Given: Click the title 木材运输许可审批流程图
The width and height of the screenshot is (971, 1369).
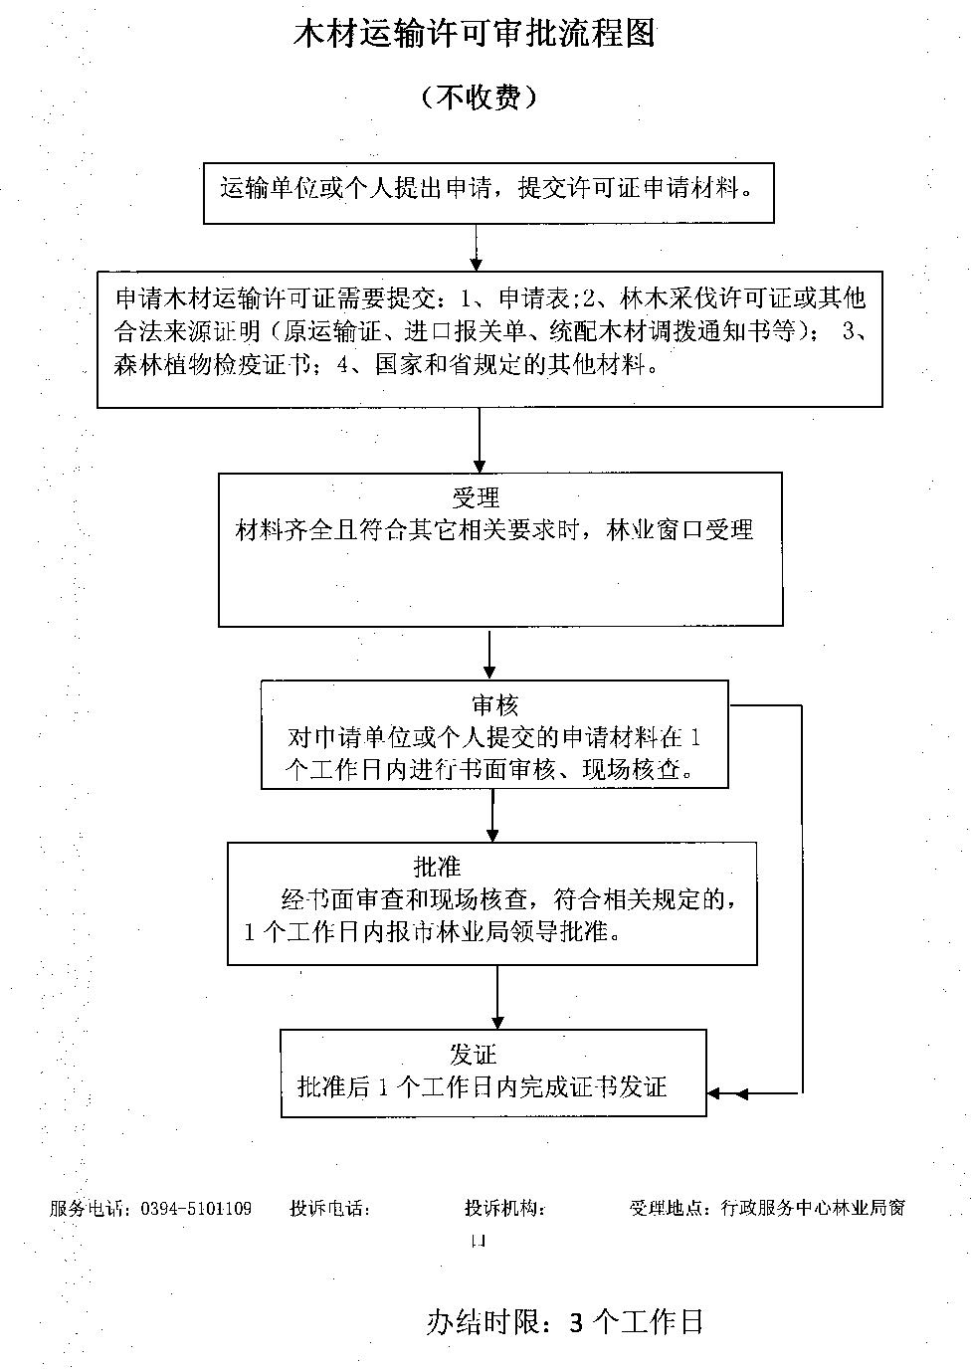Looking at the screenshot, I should pyautogui.click(x=475, y=35).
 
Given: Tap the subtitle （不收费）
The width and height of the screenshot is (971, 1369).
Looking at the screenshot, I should pyautogui.click(x=479, y=97).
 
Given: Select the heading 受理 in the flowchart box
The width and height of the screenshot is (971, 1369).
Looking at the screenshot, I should pyautogui.click(x=476, y=497).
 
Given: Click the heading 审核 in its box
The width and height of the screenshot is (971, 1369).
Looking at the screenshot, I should pyautogui.click(x=494, y=706).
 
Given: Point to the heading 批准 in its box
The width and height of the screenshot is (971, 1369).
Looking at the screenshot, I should pyautogui.click(x=438, y=867).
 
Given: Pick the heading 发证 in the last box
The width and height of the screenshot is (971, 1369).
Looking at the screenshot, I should pyautogui.click(x=473, y=1055).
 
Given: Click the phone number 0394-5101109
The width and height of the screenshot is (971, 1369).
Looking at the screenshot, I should pyautogui.click(x=197, y=1209).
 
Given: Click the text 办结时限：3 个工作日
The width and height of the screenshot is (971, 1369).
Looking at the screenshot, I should pyautogui.click(x=565, y=1321).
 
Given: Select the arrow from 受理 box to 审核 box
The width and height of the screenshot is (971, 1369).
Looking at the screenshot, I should pyautogui.click(x=489, y=653).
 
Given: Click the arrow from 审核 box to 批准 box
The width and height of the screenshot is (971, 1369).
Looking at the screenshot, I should pyautogui.click(x=492, y=816).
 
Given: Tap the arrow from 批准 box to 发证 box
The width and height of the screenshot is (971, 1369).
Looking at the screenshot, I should pyautogui.click(x=496, y=998).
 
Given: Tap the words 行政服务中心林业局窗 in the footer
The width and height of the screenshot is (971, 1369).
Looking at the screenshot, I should pyautogui.click(x=811, y=1209).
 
